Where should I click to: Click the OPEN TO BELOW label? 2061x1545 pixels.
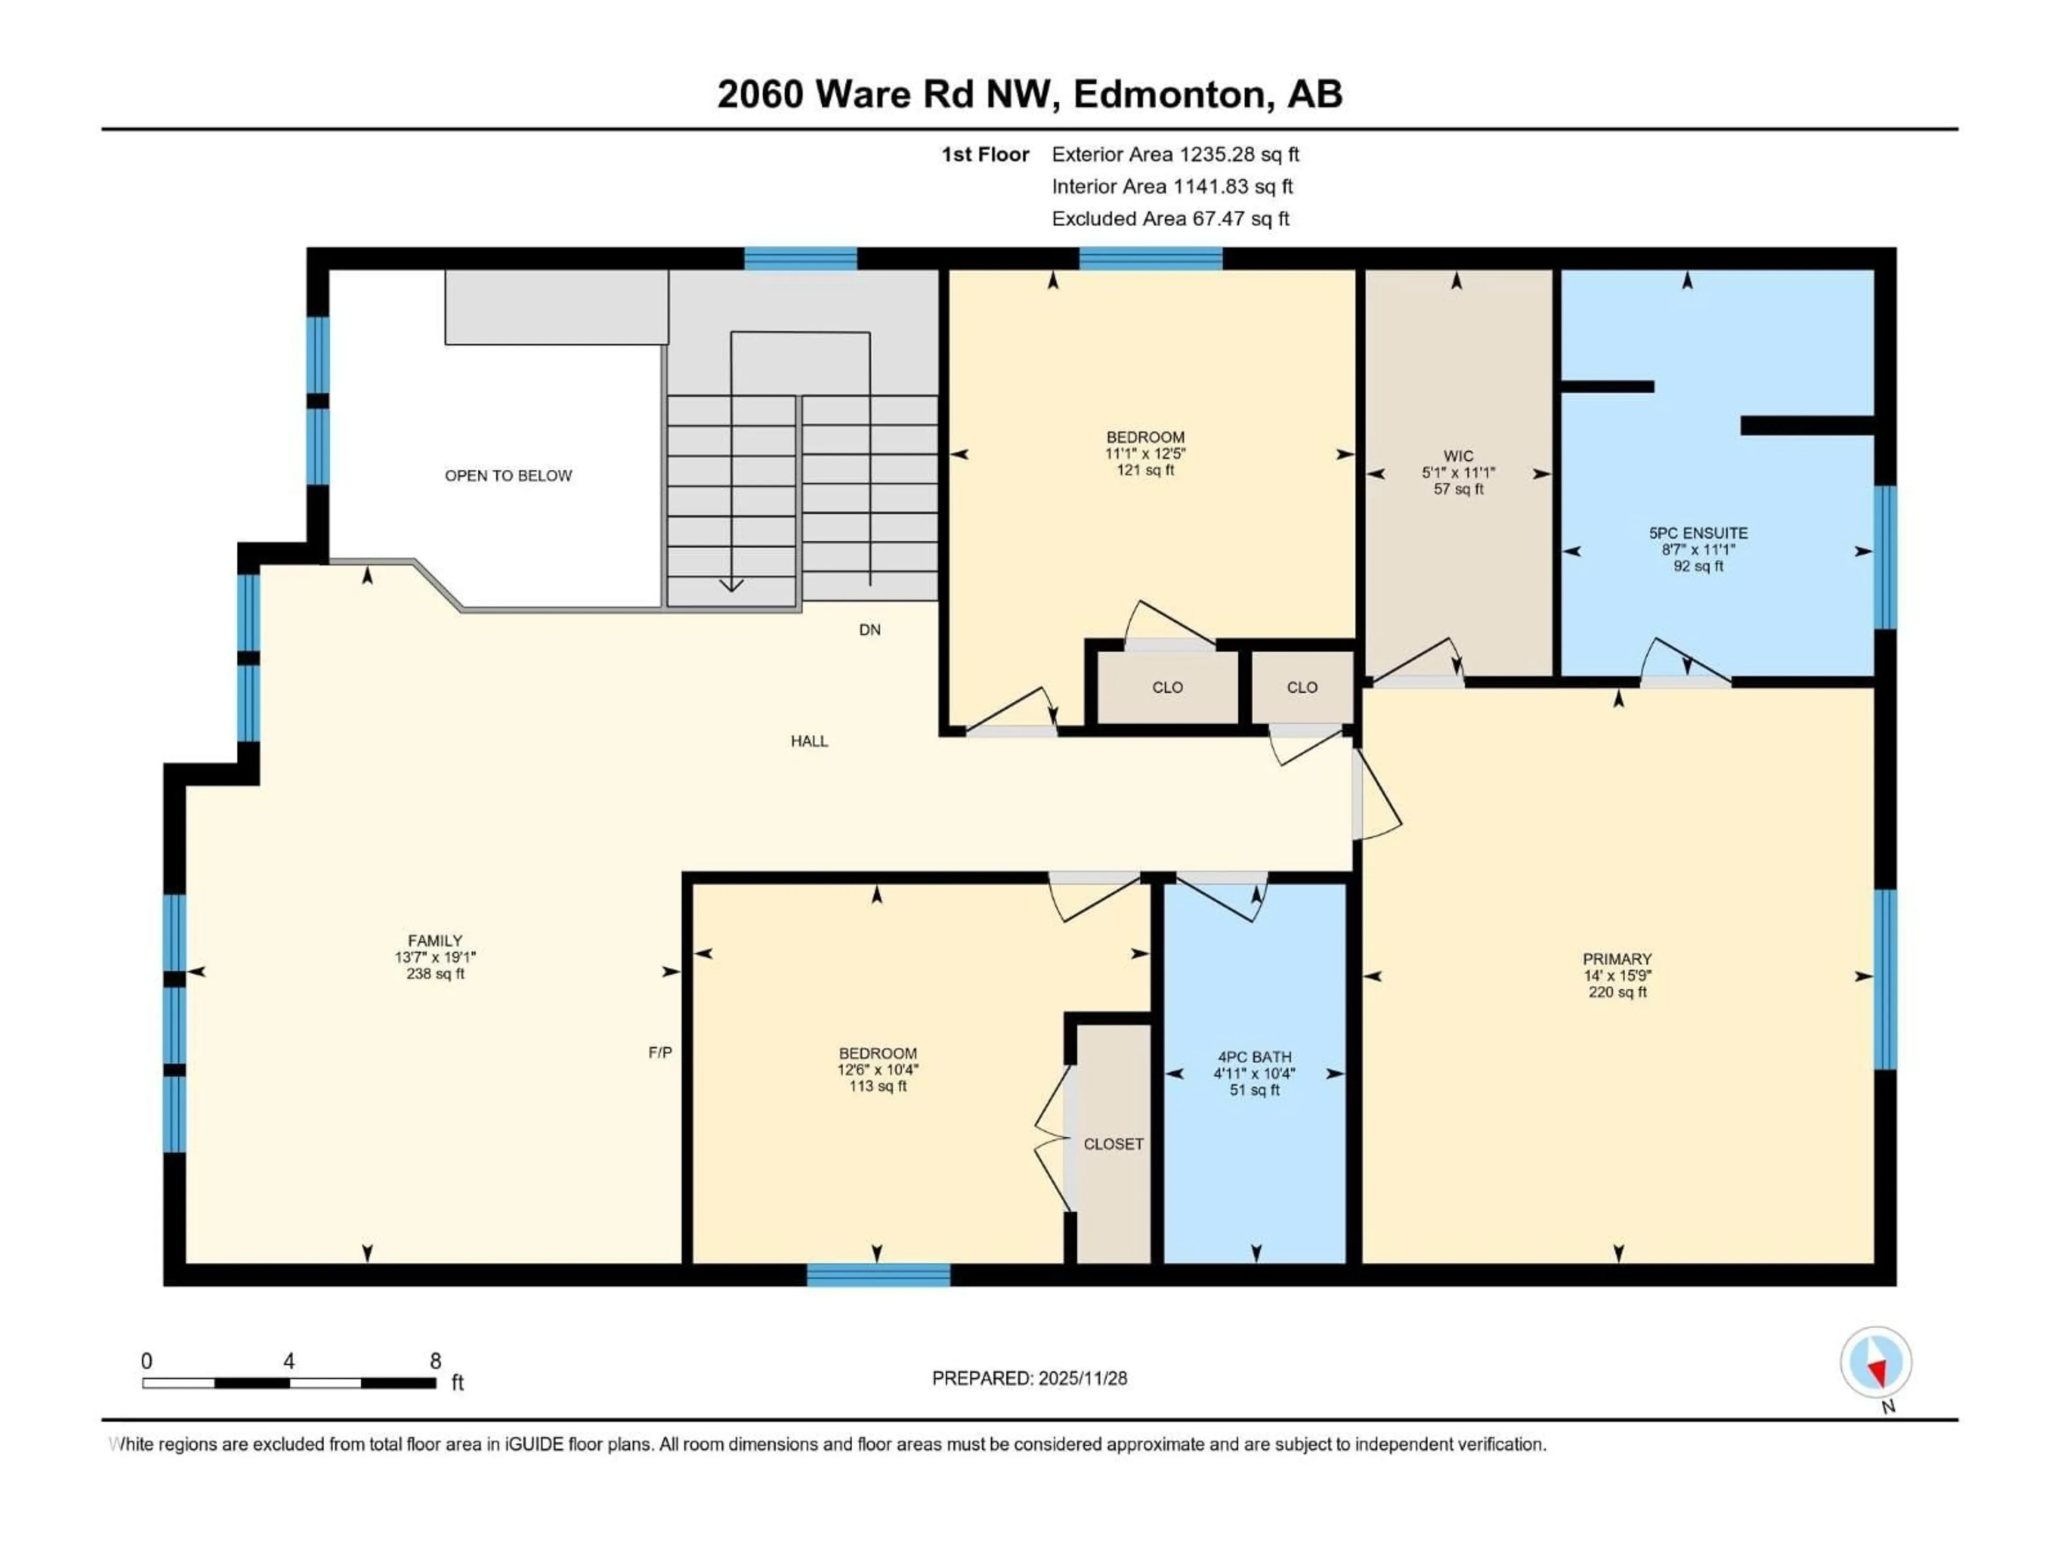pos(508,476)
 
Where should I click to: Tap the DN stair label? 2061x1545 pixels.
pos(869,630)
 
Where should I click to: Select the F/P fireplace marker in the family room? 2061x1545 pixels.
pos(660,1053)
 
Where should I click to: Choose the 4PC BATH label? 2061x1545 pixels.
pos(1254,1057)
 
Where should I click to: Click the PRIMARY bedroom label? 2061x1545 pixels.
pos(1617,959)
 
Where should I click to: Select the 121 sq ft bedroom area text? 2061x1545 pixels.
pos(1145,470)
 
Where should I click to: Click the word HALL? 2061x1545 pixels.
pos(809,741)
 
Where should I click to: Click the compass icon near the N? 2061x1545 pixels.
pos(1876,1363)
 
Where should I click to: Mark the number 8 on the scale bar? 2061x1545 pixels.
pos(435,1362)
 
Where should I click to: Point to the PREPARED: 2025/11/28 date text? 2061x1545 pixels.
pos(1029,1378)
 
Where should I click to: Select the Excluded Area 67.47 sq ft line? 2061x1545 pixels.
pos(1170,219)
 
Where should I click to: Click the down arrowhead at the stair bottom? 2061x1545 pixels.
pos(732,585)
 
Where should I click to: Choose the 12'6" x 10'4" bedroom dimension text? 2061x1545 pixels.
pos(877,1070)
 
